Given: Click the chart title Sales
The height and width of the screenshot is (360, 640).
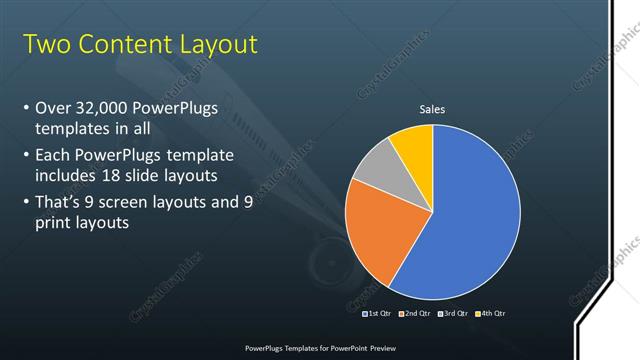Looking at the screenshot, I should (432, 109).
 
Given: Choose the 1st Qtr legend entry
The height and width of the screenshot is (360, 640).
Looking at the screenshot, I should (377, 314).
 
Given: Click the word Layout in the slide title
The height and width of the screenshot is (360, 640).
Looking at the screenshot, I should (212, 44).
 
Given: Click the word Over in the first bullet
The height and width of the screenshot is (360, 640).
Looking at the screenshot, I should (52, 107).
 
